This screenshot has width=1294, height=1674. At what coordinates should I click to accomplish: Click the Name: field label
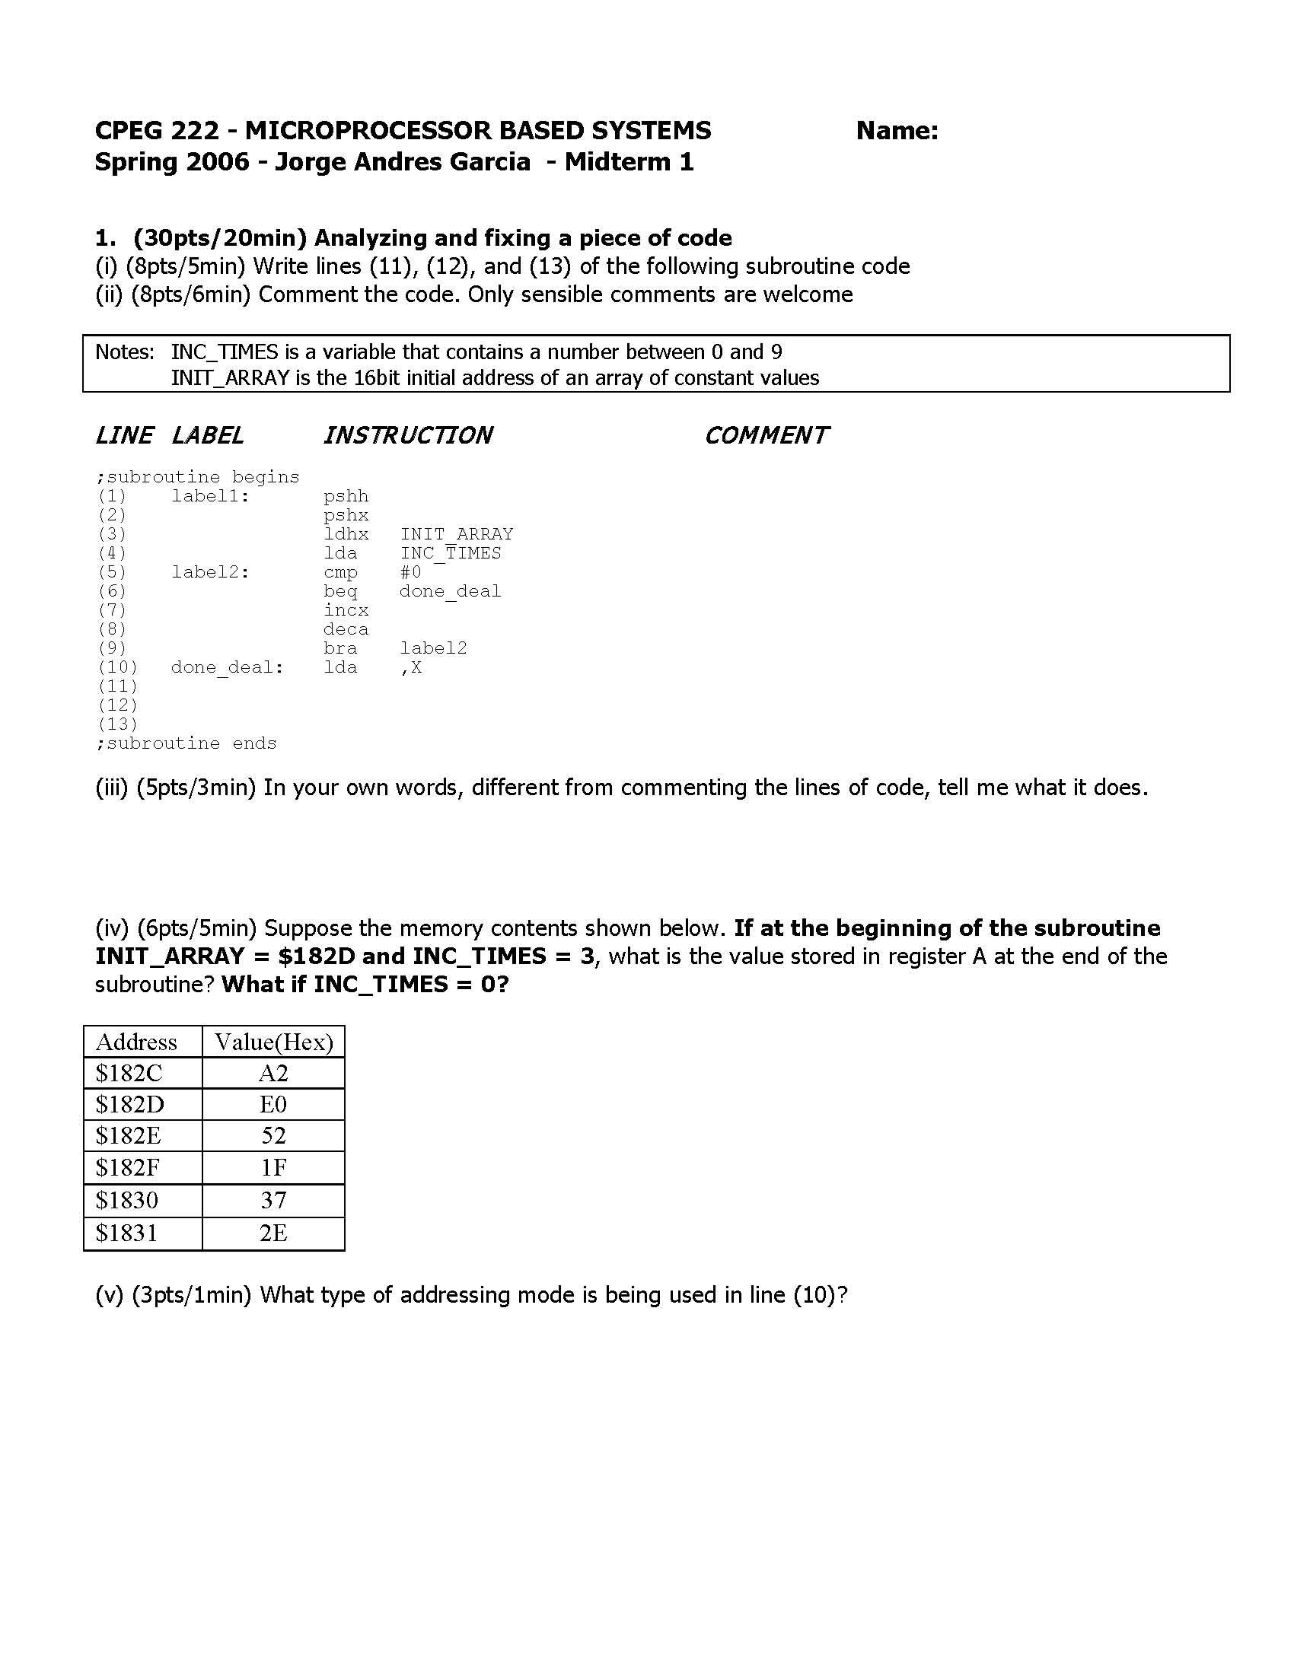point(897,131)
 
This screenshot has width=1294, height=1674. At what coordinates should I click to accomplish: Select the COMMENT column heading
point(766,435)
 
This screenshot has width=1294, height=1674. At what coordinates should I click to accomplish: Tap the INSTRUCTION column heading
point(407,435)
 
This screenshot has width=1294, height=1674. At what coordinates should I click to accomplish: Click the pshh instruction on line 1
point(346,496)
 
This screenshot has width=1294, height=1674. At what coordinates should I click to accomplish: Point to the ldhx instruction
point(346,534)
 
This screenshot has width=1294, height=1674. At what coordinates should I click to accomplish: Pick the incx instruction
point(346,610)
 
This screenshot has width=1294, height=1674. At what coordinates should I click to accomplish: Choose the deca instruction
point(346,629)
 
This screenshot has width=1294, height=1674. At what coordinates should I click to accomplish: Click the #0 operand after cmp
point(411,571)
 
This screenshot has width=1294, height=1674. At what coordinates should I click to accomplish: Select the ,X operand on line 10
point(411,667)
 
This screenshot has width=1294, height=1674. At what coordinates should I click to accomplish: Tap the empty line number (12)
point(117,705)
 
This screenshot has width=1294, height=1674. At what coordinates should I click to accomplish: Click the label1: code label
point(211,496)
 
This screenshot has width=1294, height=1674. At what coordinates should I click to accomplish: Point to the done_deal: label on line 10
point(227,667)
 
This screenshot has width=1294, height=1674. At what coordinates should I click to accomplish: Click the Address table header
point(136,1042)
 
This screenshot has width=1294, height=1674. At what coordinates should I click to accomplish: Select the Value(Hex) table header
point(274,1042)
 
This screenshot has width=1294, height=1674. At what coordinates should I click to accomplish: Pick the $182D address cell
point(129,1105)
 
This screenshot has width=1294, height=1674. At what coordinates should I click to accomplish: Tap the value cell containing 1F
point(274,1167)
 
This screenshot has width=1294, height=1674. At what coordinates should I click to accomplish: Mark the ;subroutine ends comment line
point(186,743)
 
